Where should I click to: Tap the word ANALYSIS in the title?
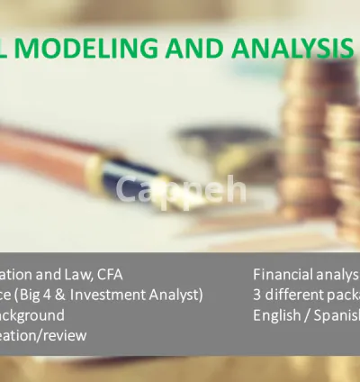tap(292, 48)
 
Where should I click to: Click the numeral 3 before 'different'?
tap(257, 295)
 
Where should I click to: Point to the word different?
tap(292, 295)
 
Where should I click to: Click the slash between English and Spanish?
tap(310, 315)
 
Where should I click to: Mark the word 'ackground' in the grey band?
tap(32, 315)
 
